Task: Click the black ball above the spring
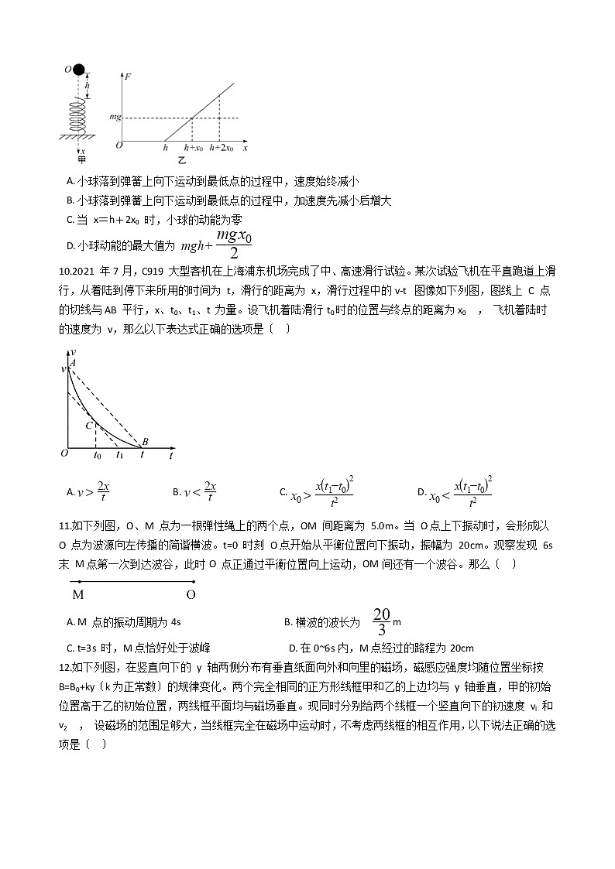point(79,70)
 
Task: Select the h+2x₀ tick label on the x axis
point(221,147)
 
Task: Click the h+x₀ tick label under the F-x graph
point(194,147)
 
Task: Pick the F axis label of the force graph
point(127,77)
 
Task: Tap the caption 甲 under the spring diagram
point(81,160)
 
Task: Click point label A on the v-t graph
point(73,361)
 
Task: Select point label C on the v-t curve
point(89,424)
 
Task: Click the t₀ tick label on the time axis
point(98,457)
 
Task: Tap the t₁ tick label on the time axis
point(119,457)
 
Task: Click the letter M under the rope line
point(77,595)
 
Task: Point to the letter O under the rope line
point(191,595)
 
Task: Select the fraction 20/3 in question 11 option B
point(381,621)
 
